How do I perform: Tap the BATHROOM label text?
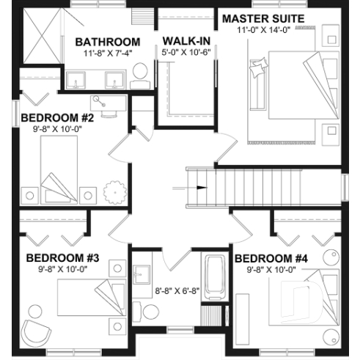pyautogui.click(x=107, y=41)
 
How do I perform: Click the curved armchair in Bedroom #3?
pyautogui.click(x=34, y=331)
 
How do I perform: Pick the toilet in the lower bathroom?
pyautogui.click(x=150, y=311)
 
